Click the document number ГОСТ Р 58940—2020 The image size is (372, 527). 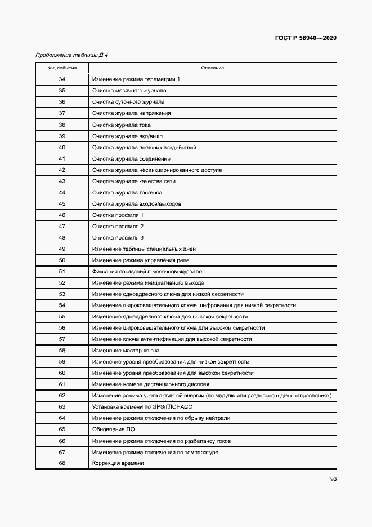tap(306, 38)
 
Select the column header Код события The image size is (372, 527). tap(62, 68)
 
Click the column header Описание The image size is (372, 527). tap(213, 68)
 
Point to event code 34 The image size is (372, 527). tap(62, 79)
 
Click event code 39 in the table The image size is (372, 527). tap(62, 136)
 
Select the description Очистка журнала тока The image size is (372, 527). tap(122, 125)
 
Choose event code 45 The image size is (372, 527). tap(62, 203)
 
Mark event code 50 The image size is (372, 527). tap(62, 260)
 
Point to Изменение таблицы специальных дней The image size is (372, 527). tap(144, 249)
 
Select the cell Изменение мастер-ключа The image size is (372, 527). tap(127, 350)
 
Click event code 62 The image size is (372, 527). tap(62, 396)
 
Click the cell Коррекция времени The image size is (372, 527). tap(118, 463)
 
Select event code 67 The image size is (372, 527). tap(62, 452)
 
